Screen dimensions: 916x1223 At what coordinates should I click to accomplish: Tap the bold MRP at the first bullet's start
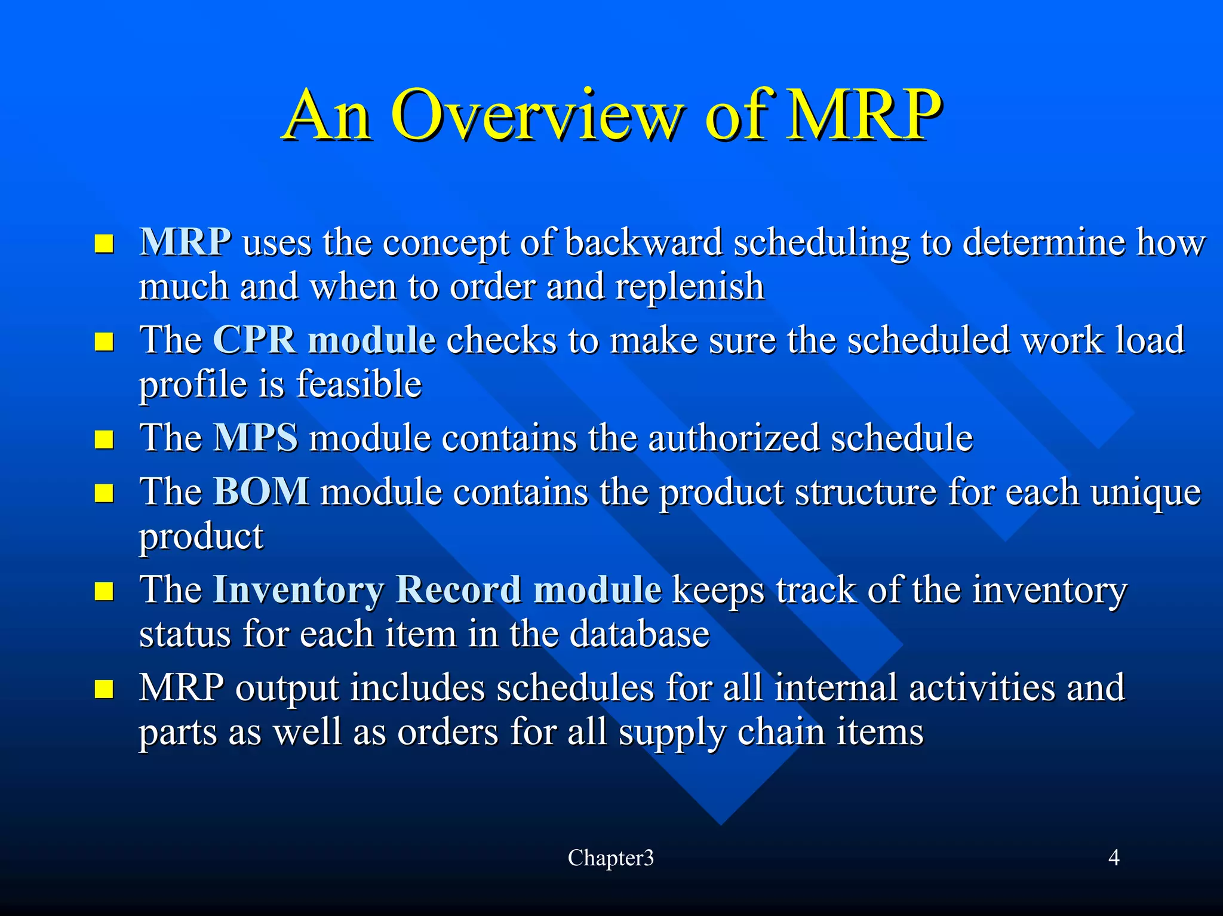(x=185, y=242)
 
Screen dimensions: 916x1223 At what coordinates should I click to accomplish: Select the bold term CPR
(x=254, y=340)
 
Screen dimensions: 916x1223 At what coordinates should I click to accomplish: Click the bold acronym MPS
(x=255, y=438)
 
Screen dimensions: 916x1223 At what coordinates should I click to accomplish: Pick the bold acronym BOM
(x=261, y=492)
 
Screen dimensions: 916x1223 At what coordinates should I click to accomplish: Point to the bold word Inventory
(x=298, y=590)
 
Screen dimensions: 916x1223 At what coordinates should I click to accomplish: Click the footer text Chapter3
(x=610, y=858)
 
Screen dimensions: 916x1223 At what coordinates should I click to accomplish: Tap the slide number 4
(x=1113, y=858)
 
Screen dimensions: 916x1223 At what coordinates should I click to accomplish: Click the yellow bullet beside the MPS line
(x=104, y=440)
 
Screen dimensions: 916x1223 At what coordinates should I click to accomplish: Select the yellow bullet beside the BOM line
(x=104, y=494)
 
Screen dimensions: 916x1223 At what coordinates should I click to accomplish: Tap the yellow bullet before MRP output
(x=104, y=690)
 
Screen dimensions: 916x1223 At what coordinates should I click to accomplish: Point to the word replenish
(x=690, y=287)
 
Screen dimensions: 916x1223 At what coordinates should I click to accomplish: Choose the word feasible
(x=359, y=384)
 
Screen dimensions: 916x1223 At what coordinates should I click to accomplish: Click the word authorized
(x=733, y=438)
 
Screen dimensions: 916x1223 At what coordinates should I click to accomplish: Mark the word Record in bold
(x=458, y=590)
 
